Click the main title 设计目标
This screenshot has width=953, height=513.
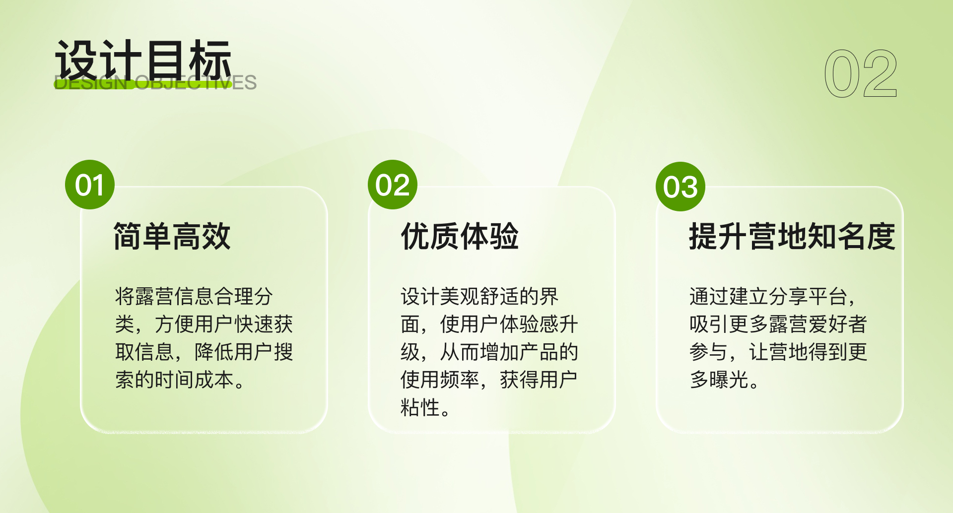pos(143,60)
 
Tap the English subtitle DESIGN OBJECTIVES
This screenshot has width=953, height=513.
pos(155,83)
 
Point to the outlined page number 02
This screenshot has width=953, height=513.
pos(861,73)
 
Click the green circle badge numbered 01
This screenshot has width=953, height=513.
pos(90,185)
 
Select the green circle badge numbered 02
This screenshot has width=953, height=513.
pos(393,185)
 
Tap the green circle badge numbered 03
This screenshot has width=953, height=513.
pos(681,187)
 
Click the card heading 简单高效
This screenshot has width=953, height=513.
pos(172,236)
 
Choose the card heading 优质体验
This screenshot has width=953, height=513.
pos(460,236)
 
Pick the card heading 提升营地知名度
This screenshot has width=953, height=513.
pos(792,236)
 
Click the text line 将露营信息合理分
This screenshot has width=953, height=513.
pos(194,296)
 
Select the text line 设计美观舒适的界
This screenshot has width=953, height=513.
pos(479,296)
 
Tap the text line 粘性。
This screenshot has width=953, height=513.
pos(425,407)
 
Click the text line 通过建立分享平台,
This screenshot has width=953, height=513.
pos(772,296)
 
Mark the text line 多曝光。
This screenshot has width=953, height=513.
pos(724,380)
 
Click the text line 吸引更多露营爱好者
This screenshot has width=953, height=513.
pos(778,324)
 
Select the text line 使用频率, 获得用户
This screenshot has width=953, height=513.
pos(489,380)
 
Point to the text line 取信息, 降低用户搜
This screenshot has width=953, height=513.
pos(204,352)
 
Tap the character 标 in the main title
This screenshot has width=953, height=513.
pos(210,60)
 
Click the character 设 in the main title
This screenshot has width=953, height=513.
pos(75,60)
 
